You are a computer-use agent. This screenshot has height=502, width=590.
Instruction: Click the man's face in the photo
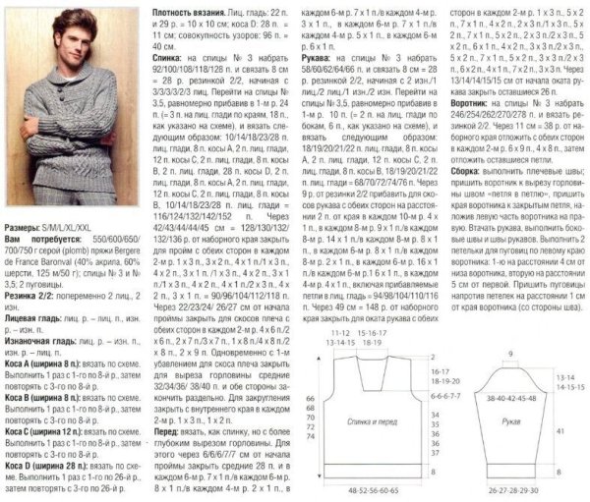click(68, 40)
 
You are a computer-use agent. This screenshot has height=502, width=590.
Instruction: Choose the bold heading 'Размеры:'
click(23, 253)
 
